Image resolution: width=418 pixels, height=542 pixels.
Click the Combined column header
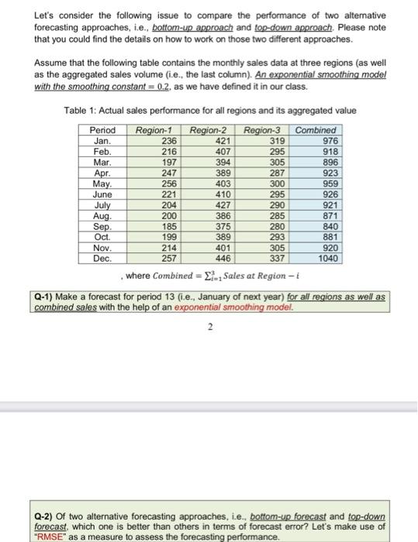click(316, 130)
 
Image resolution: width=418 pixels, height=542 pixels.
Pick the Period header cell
click(102, 130)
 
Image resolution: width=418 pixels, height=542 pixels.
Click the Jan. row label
click(102, 140)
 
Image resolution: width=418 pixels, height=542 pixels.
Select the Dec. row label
click(102, 257)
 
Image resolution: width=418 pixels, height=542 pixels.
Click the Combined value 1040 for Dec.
click(327, 257)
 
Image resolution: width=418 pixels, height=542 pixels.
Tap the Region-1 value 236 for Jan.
click(168, 140)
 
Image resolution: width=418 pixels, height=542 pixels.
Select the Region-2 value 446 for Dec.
click(223, 257)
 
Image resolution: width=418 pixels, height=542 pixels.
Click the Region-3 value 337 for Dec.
click(276, 257)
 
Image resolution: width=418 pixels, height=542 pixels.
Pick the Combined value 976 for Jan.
click(330, 140)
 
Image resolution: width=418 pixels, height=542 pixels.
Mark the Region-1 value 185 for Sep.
click(168, 225)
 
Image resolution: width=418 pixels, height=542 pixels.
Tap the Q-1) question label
click(50, 297)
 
